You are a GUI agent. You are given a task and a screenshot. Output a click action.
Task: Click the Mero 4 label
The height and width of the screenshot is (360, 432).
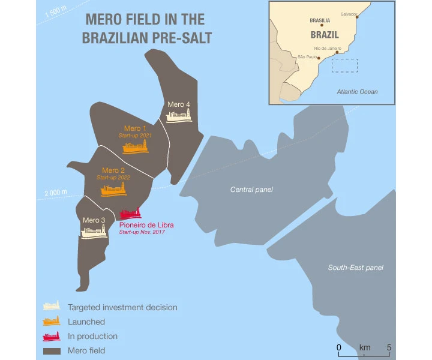[179, 104]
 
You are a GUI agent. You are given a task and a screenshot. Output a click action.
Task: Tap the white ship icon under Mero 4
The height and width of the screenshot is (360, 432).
[179, 116]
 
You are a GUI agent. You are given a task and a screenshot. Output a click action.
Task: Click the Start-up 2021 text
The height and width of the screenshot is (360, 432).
[135, 136]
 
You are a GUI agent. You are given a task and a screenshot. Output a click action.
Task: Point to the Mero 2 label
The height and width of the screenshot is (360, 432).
[113, 170]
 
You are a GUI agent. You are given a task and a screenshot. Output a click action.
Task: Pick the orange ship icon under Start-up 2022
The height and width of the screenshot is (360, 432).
[113, 190]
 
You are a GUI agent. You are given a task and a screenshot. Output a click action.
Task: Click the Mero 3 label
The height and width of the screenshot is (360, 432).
[94, 220]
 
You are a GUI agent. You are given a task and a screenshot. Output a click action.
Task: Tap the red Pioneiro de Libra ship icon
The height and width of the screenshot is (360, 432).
[131, 213]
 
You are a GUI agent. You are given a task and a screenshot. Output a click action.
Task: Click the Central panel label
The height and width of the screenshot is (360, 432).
[251, 190]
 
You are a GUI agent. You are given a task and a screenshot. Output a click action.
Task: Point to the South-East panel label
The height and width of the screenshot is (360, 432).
[355, 268]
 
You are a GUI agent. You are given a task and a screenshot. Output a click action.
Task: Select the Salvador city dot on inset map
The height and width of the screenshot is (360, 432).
[358, 17]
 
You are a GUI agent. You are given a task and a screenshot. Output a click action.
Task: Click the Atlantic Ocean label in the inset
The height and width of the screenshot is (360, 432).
[357, 92]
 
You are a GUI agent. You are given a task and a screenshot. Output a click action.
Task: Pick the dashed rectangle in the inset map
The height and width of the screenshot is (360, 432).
[344, 65]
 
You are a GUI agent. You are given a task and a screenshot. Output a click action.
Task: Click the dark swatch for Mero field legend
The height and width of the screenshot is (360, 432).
[51, 350]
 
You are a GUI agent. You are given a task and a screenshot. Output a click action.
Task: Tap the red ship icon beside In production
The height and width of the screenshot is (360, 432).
[51, 336]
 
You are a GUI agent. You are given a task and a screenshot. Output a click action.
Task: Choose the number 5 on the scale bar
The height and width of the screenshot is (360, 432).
[390, 347]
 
